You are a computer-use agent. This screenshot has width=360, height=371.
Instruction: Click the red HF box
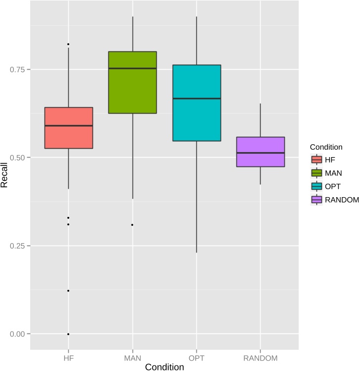click(x=68, y=128)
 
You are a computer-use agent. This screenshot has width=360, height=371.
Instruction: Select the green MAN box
click(x=133, y=82)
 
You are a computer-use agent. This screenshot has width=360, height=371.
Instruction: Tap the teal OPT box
click(x=196, y=103)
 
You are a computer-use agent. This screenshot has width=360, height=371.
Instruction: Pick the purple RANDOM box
click(x=261, y=152)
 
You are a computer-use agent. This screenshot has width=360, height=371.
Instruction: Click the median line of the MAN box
click(x=133, y=68)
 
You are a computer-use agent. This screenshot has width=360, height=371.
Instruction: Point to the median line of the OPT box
click(x=196, y=99)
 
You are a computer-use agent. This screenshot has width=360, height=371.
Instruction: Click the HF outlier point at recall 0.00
click(x=68, y=334)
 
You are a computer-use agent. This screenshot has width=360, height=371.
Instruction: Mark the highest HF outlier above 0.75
click(x=68, y=44)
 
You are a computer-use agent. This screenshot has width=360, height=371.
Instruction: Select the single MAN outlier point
click(x=133, y=225)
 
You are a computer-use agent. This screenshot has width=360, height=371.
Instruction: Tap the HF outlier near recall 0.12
click(x=68, y=290)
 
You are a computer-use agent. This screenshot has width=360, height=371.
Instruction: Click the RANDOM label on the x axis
click(x=261, y=357)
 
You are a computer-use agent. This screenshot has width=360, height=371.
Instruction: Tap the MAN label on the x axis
click(x=133, y=357)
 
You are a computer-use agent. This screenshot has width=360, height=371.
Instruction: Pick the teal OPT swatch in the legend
click(x=316, y=187)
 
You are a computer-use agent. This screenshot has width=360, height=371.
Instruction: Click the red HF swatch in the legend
click(x=316, y=160)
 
